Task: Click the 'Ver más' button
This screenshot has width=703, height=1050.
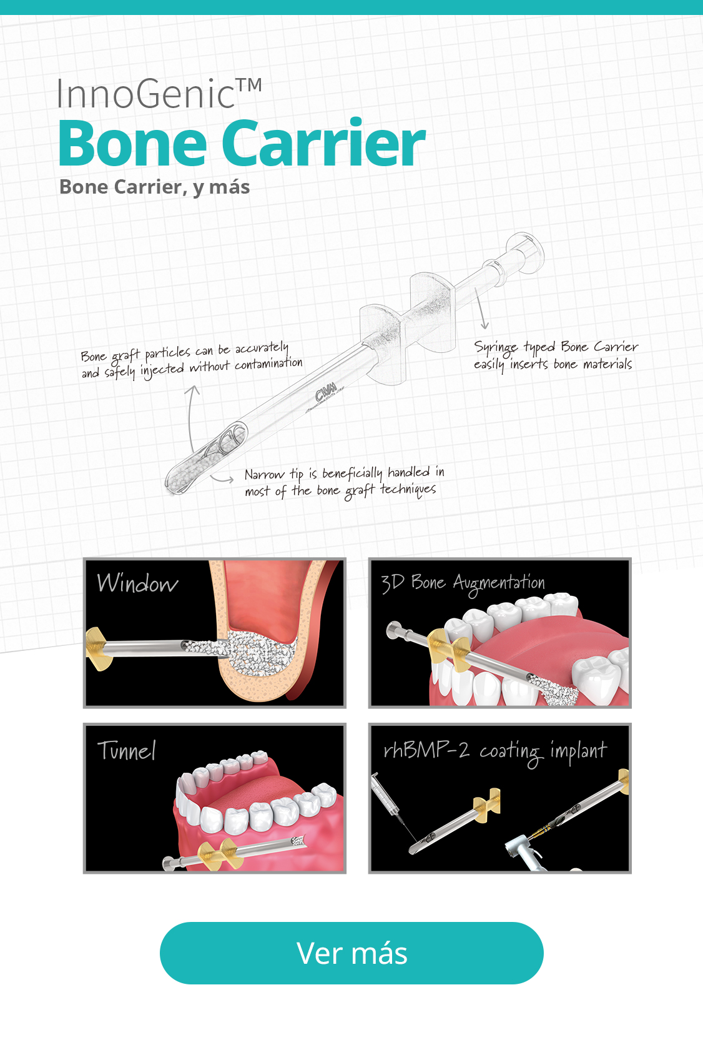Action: click(x=351, y=953)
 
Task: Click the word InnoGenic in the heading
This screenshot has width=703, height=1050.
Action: click(x=145, y=94)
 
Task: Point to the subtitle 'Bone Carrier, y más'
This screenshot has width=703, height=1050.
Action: click(x=154, y=187)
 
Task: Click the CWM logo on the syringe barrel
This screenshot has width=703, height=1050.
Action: click(x=326, y=392)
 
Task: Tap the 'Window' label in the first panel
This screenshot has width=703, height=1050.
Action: click(x=137, y=583)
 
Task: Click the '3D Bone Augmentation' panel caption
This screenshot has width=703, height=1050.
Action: click(x=463, y=583)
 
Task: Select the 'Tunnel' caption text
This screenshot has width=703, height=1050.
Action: click(x=126, y=750)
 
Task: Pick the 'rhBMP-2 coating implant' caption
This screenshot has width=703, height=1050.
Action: click(x=495, y=751)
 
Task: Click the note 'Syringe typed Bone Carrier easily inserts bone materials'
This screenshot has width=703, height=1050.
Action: click(x=556, y=356)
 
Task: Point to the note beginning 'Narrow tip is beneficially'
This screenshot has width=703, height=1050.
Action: click(x=345, y=482)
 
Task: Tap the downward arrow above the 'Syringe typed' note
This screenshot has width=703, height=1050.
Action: click(x=480, y=309)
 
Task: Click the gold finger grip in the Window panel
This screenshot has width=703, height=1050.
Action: click(x=99, y=649)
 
